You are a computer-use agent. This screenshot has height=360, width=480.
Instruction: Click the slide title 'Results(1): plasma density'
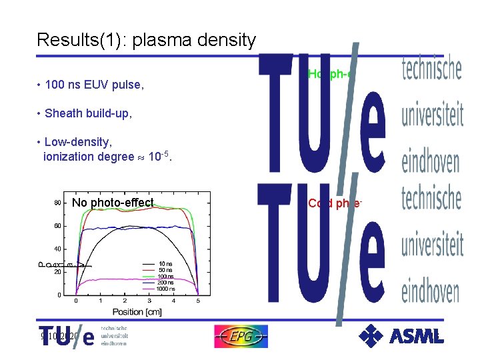point(146,41)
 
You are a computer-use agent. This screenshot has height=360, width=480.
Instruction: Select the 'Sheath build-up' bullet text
point(88,113)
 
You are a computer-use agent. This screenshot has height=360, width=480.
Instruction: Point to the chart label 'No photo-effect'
point(113,203)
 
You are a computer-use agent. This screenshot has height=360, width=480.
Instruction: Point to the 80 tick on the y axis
point(58,203)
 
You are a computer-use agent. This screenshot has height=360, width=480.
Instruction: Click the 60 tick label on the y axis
point(58,226)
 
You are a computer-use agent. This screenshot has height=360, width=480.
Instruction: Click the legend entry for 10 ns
point(166,264)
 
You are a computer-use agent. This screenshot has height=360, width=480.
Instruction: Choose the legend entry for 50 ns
point(166,270)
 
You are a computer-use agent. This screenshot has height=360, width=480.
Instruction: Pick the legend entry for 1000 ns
point(166,289)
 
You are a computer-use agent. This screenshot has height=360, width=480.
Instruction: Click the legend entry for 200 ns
point(166,283)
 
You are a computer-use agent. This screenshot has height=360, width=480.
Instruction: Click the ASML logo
point(401,335)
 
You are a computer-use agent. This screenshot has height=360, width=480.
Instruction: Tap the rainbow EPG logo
point(241,337)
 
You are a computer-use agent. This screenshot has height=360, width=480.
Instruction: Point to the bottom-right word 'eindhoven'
point(430,291)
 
